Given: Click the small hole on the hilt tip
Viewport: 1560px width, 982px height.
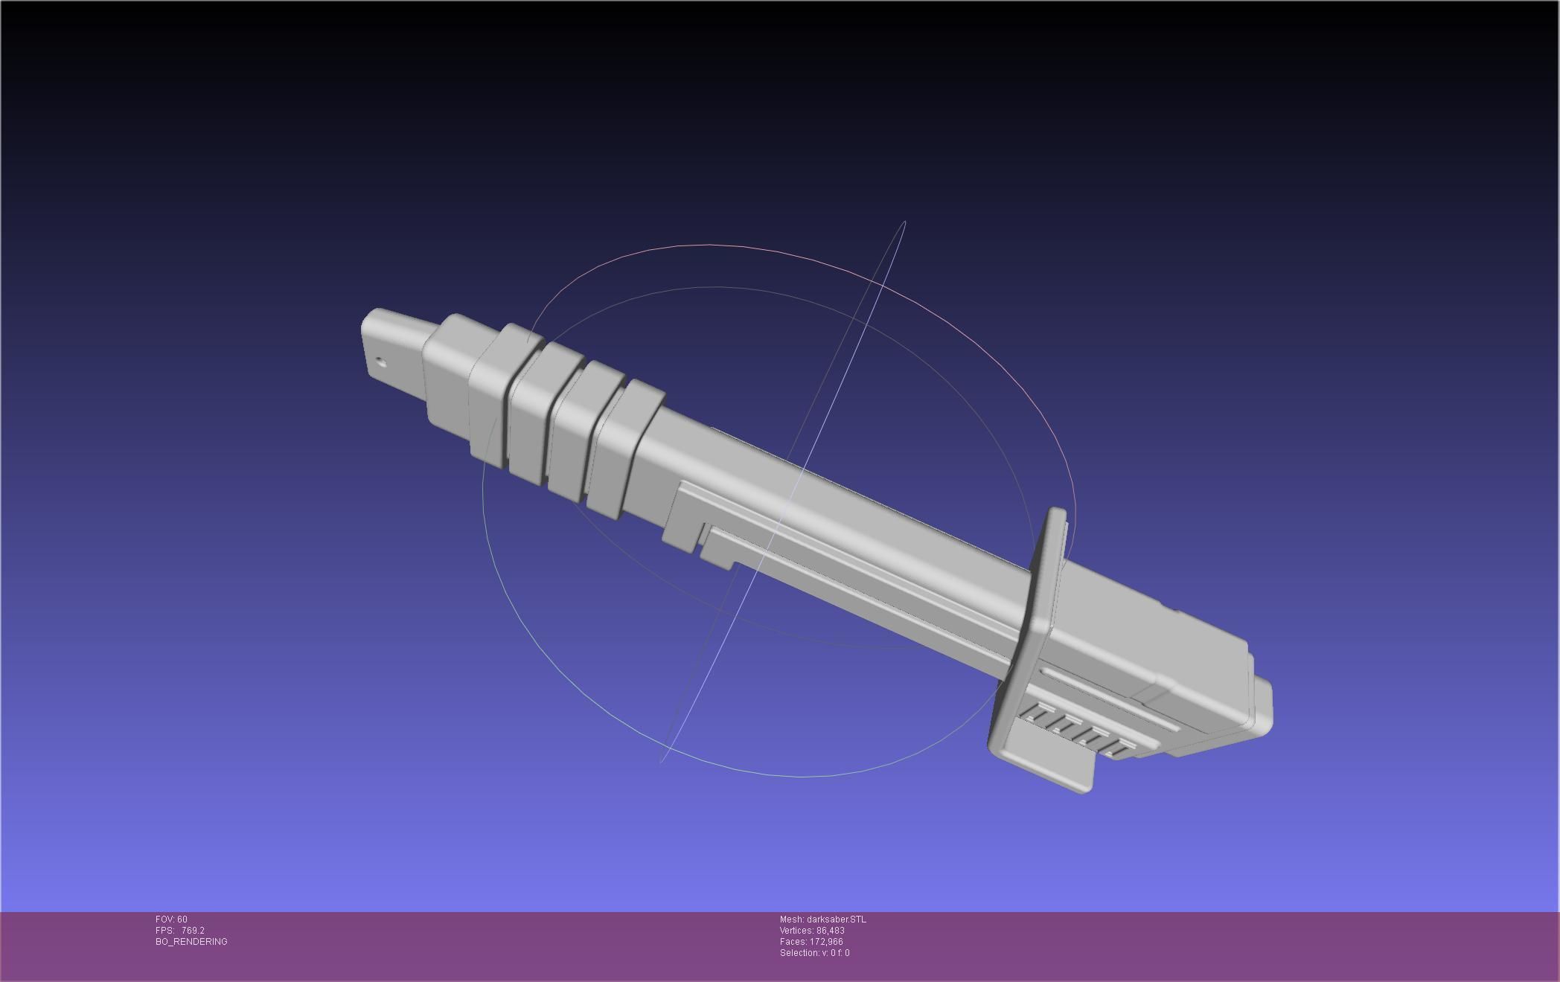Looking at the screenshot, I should (381, 363).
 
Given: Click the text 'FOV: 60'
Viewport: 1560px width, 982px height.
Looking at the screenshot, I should (171, 920).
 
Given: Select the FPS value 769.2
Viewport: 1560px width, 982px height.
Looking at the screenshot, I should (193, 931).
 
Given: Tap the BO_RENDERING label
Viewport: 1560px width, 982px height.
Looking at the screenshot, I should (191, 942).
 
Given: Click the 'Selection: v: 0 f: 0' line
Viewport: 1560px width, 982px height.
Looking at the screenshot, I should (814, 953).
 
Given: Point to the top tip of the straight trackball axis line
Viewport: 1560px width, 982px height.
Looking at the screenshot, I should (904, 222).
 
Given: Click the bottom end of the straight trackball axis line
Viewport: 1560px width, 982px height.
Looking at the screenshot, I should (662, 761).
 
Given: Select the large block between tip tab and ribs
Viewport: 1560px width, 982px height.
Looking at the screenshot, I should (447, 372).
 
